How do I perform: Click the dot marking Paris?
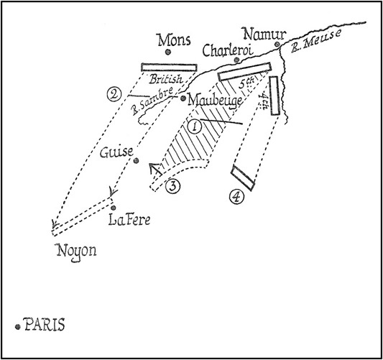[x=17, y=327]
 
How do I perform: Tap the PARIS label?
[x=45, y=325]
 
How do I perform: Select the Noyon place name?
[x=76, y=252]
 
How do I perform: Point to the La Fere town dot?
[x=113, y=208]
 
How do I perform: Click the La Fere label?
[x=129, y=220]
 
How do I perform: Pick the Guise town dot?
[x=136, y=161]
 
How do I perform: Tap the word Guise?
[x=116, y=152]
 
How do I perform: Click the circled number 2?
[x=114, y=95]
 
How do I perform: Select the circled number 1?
[x=195, y=126]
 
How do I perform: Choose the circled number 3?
[x=172, y=186]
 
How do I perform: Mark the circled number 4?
[x=236, y=197]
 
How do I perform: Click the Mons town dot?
[x=167, y=52]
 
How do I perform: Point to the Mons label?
[x=174, y=40]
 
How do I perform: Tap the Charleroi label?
[x=228, y=50]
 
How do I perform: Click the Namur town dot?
[x=277, y=45]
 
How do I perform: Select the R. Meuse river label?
[x=315, y=41]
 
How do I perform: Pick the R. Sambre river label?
[x=152, y=101]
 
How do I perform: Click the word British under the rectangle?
[x=166, y=79]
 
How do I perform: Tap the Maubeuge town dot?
[x=183, y=98]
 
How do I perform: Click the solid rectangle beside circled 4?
[x=243, y=177]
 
